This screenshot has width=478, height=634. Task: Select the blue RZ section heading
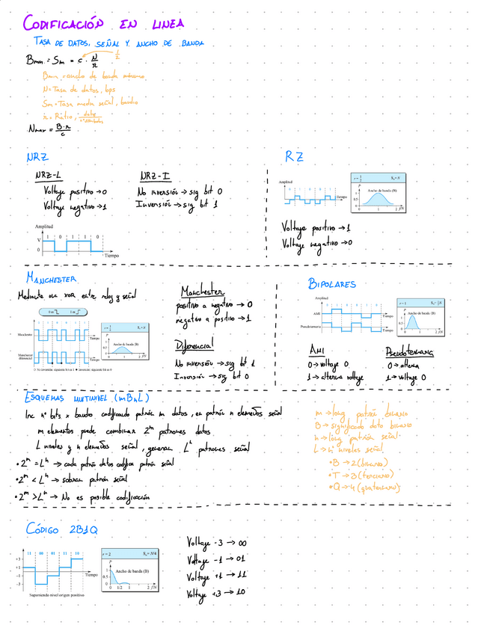click(293, 156)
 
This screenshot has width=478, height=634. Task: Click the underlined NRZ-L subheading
click(49, 176)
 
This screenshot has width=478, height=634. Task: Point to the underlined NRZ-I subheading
click(154, 176)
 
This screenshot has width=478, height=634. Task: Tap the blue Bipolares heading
click(331, 283)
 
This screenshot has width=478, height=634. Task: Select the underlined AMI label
click(318, 350)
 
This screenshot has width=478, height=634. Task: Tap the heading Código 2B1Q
click(61, 529)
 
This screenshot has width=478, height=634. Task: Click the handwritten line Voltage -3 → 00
click(217, 542)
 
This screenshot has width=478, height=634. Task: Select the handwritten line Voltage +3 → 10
click(217, 593)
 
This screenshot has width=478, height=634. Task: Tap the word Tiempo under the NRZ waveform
click(111, 255)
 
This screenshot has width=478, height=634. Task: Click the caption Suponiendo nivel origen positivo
click(56, 594)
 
